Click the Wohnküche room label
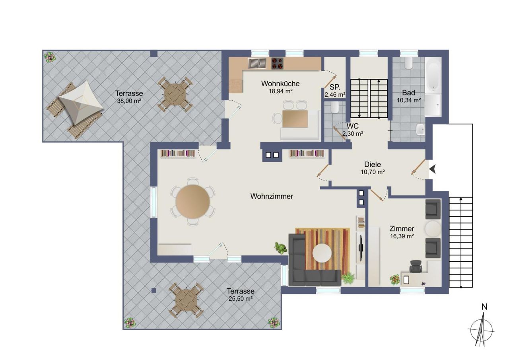point(280,84)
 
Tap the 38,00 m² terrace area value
point(129,101)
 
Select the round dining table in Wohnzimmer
point(193,202)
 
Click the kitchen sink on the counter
point(257,63)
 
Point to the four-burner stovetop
point(277,63)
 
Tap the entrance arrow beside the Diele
point(432,169)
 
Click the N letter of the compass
point(484,307)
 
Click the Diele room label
point(373,164)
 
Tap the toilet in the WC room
point(334,107)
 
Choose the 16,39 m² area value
point(402,236)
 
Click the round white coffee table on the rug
point(322,253)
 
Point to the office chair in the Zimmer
point(416,266)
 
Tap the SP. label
point(335,87)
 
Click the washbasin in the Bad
point(420,130)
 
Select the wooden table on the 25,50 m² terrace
point(186,300)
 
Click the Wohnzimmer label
point(272,196)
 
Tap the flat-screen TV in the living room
point(361,247)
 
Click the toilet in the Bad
point(408,63)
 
